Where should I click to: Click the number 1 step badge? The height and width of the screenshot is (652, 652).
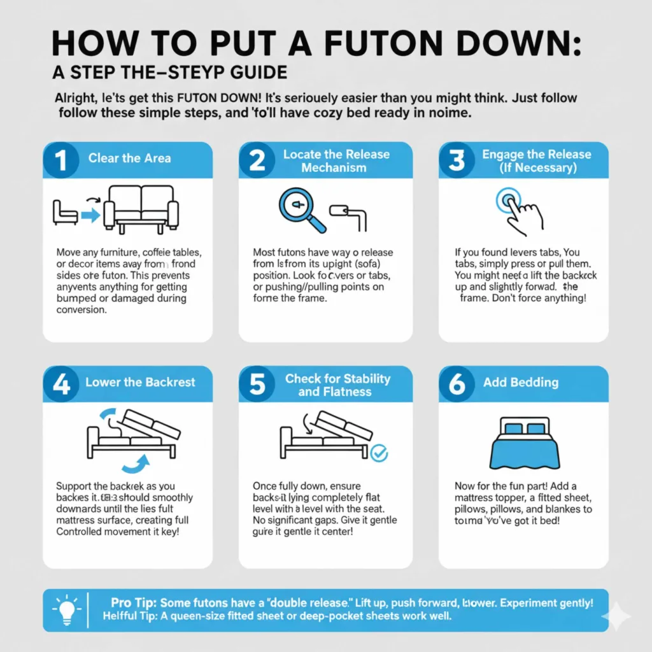(x=60, y=159)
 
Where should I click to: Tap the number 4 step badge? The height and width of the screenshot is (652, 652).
(x=61, y=385)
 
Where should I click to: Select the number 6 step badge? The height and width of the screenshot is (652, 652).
(x=457, y=385)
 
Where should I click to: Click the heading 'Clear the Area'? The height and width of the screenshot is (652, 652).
(x=129, y=159)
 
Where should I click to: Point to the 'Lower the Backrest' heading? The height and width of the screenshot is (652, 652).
(x=140, y=383)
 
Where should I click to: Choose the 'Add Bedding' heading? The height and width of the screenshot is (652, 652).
(x=520, y=383)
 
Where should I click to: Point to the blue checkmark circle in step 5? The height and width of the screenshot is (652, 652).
(x=379, y=453)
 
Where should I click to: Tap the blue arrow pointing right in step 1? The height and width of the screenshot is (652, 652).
(x=91, y=216)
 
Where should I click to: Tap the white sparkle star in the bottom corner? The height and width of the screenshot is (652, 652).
(x=617, y=616)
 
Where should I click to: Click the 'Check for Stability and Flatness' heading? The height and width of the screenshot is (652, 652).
(x=337, y=385)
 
